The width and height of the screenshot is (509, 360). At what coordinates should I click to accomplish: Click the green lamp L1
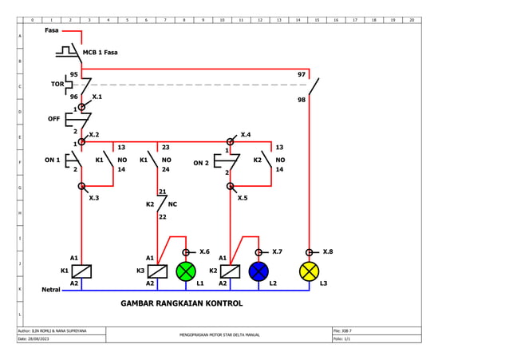click(x=186, y=271)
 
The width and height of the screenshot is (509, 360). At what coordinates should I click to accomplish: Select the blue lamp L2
click(x=258, y=271)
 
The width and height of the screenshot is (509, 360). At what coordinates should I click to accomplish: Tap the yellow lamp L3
click(x=309, y=271)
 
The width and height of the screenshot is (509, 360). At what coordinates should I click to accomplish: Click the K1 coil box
click(x=81, y=271)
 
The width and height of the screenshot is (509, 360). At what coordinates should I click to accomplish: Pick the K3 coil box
click(x=158, y=271)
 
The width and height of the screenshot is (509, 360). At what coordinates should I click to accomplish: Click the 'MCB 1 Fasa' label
click(x=101, y=53)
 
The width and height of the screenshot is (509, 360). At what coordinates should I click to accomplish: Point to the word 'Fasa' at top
click(x=52, y=30)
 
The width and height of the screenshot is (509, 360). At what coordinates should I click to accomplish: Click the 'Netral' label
click(x=51, y=290)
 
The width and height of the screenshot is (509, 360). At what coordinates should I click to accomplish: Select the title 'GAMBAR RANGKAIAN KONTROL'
click(x=181, y=304)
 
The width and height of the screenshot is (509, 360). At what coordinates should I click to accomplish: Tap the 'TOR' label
click(x=57, y=84)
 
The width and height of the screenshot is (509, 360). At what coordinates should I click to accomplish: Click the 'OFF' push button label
click(x=53, y=118)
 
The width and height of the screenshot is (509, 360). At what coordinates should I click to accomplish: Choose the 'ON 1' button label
click(x=52, y=160)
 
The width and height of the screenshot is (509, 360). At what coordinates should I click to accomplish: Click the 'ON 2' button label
click(x=201, y=163)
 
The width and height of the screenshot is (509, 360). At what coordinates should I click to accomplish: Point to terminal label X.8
click(x=327, y=251)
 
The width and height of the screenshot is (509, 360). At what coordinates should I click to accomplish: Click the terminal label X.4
click(x=246, y=135)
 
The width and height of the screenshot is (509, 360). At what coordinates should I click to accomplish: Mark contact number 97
click(x=302, y=74)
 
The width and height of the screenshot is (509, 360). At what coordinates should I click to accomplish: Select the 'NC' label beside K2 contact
click(x=172, y=204)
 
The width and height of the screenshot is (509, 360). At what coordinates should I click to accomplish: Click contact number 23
click(x=165, y=148)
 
